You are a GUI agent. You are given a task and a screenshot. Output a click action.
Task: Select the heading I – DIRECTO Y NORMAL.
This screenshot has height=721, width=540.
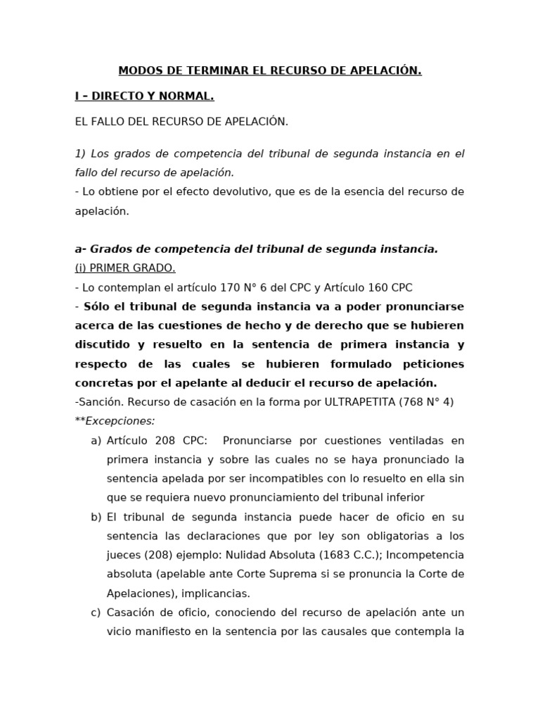[144, 96]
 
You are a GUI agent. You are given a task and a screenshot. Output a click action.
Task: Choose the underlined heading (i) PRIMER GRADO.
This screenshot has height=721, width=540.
[125, 268]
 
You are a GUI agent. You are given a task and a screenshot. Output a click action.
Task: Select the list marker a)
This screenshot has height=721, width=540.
[96, 441]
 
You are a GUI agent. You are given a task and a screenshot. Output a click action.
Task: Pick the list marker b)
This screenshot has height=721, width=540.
[96, 517]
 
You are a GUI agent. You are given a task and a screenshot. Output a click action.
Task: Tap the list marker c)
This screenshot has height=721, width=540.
[96, 613]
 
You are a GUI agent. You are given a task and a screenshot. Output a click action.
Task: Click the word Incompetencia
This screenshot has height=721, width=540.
[430, 555]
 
